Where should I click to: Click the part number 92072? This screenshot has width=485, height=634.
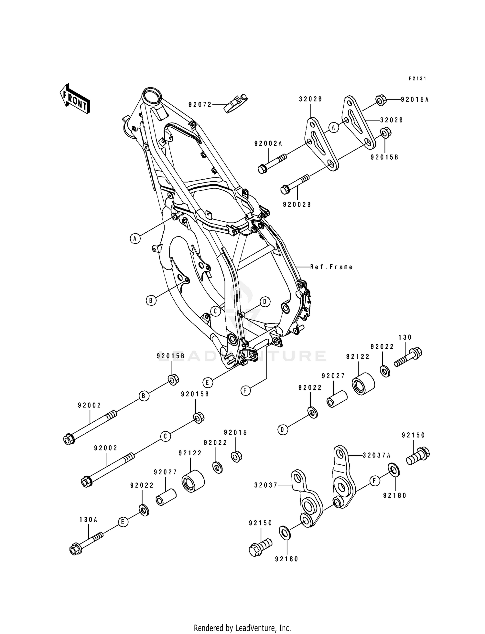click(200, 104)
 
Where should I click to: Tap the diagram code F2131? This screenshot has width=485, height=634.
click(417, 79)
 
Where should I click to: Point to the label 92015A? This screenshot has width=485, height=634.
click(415, 100)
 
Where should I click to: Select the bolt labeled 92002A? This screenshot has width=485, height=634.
click(272, 163)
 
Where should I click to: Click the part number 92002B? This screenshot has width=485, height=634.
click(296, 205)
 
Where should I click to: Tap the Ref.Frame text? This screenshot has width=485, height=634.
click(331, 267)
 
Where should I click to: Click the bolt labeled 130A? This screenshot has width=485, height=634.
click(86, 545)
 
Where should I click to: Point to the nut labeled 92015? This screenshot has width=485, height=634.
click(237, 456)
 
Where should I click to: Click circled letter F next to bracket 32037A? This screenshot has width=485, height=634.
click(374, 481)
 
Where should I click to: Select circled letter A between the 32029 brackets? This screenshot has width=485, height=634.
click(334, 127)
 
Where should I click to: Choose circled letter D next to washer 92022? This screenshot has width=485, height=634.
click(282, 430)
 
